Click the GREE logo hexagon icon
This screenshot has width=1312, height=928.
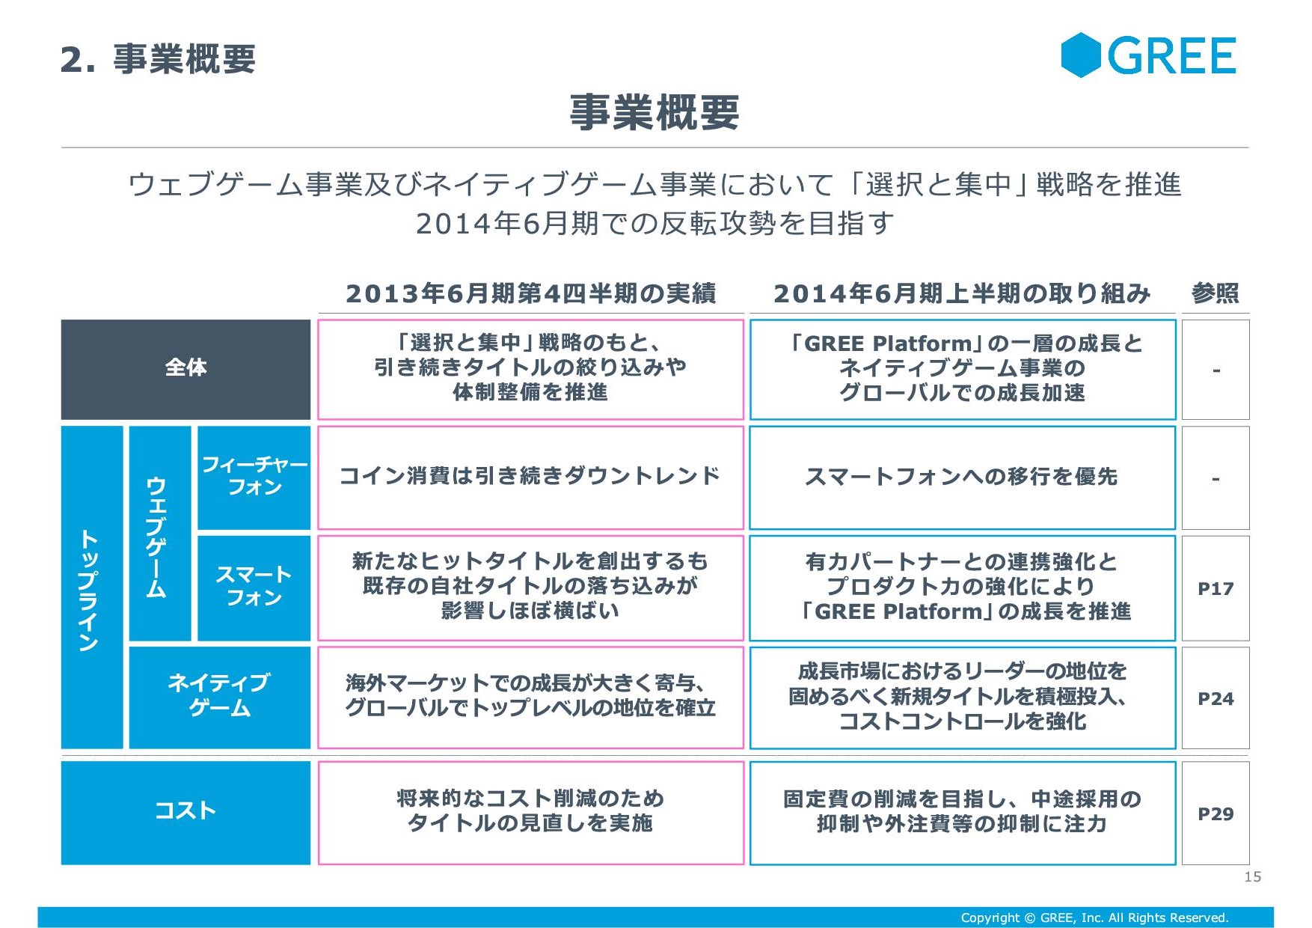pyautogui.click(x=1081, y=55)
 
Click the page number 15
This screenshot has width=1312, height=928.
pyautogui.click(x=1252, y=876)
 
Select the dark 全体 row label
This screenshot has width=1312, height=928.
pyautogui.click(x=186, y=369)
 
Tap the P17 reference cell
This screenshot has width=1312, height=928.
pyautogui.click(x=1216, y=588)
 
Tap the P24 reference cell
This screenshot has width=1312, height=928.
pyautogui.click(x=1216, y=697)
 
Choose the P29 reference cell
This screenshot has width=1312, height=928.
pyautogui.click(x=1216, y=813)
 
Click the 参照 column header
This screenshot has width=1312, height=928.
pyautogui.click(x=1216, y=293)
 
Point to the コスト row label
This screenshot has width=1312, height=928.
pyautogui.click(x=186, y=813)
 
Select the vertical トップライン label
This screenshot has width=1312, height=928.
pyautogui.click(x=92, y=587)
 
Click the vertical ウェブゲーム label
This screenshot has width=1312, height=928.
pyautogui.click(x=160, y=534)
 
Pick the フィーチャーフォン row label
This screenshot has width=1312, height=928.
pyautogui.click(x=254, y=477)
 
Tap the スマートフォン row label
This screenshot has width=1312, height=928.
pyautogui.click(x=254, y=587)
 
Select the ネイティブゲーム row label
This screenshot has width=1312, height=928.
pyautogui.click(x=220, y=697)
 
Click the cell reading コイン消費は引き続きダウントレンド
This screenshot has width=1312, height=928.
pyautogui.click(x=530, y=477)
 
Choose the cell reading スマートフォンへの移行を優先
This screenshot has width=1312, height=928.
pyautogui.click(x=963, y=477)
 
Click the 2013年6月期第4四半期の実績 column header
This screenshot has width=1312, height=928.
pyautogui.click(x=530, y=293)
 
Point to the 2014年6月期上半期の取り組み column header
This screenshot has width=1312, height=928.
pyautogui.click(x=962, y=293)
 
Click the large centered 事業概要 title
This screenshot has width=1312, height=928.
pyautogui.click(x=655, y=112)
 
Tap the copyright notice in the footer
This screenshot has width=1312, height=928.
pyautogui.click(x=1094, y=918)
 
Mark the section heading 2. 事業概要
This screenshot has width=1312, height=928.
pyautogui.click(x=158, y=58)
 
